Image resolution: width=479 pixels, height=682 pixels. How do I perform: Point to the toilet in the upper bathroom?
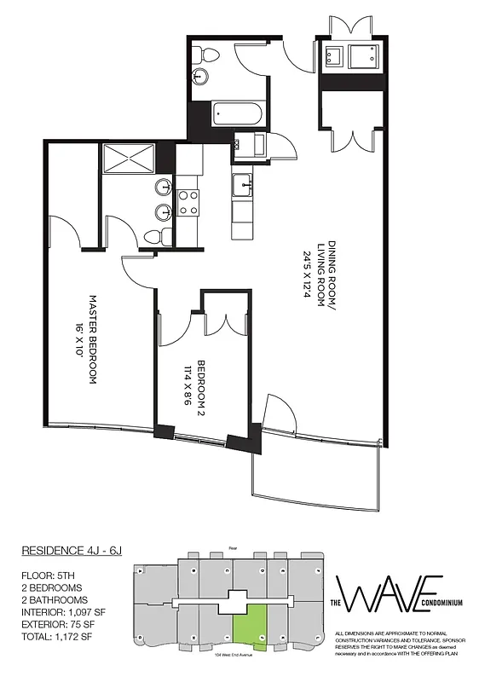coord(208,55)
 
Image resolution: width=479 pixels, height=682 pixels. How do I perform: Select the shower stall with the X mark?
coord(128,159)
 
